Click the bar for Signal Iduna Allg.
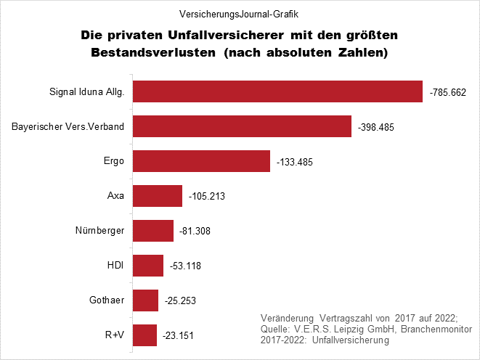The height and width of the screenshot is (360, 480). (277, 91)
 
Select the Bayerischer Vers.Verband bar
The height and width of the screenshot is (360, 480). (242, 126)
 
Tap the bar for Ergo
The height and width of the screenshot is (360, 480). (201, 161)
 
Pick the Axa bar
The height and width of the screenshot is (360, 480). (158, 196)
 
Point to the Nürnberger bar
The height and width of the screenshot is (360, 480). (153, 231)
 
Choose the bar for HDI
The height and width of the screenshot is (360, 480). (148, 266)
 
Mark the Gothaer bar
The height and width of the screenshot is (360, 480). (145, 300)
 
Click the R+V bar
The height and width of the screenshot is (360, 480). (145, 335)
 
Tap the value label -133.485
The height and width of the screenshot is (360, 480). (294, 162)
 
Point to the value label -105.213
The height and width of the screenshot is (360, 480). (207, 197)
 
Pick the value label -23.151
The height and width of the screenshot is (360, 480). (179, 336)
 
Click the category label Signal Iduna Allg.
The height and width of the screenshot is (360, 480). (87, 92)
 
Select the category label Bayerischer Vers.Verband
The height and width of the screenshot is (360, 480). (68, 127)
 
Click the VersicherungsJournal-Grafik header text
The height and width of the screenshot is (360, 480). (240, 13)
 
